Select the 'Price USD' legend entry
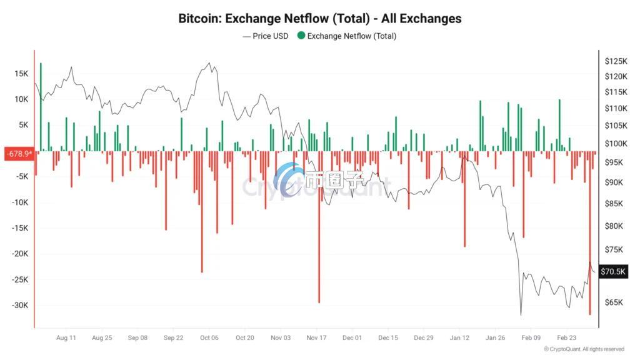point(266,36)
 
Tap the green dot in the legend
point(301,36)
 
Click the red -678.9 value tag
point(19,154)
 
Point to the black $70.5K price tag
point(613,271)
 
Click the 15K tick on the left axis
point(21,74)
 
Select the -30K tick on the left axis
point(20,305)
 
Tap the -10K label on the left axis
point(20,202)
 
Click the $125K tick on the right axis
point(616,61)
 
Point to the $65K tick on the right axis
point(614,302)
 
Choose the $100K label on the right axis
point(616,144)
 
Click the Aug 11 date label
point(66,338)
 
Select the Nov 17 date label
point(316,338)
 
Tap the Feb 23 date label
point(566,338)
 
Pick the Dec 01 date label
point(352,338)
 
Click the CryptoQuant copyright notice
point(584,349)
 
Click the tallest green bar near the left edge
point(41,107)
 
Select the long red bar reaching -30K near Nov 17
point(319,227)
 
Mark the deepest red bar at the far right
point(590,233)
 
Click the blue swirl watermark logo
point(287,179)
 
